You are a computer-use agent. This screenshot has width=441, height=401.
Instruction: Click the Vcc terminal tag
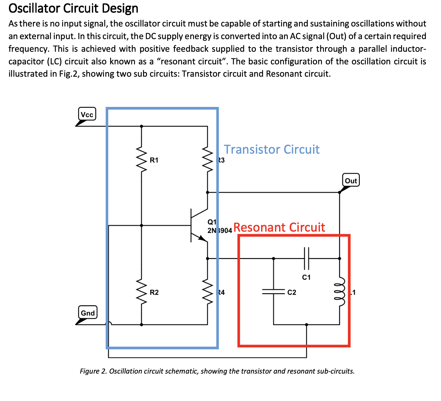click(87, 114)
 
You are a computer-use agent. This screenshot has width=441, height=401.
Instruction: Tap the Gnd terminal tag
click(88, 313)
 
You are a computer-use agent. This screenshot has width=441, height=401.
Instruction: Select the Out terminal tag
click(351, 180)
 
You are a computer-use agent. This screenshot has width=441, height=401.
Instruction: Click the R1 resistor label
click(154, 160)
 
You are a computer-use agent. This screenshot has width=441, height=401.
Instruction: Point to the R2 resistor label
click(154, 292)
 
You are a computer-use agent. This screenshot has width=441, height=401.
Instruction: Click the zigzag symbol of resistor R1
click(141, 160)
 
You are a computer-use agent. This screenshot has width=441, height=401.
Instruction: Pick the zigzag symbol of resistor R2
click(141, 292)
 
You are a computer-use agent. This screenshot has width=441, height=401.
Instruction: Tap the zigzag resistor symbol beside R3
click(208, 160)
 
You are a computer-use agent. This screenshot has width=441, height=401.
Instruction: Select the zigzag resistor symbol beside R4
click(208, 292)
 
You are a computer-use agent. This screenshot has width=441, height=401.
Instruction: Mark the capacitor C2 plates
click(274, 292)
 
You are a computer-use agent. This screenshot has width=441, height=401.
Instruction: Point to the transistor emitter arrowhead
click(202, 238)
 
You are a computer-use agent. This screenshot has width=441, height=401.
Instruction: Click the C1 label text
click(306, 277)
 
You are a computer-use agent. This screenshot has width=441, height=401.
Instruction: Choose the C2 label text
click(292, 292)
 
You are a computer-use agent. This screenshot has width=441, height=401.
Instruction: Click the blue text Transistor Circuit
click(272, 149)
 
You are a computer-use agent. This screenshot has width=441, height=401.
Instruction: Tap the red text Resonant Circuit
click(279, 227)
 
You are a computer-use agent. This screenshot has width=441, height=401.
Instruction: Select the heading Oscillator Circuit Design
click(73, 8)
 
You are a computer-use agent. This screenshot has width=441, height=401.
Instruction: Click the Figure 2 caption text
click(217, 371)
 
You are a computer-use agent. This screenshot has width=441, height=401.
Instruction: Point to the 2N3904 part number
click(220, 230)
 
